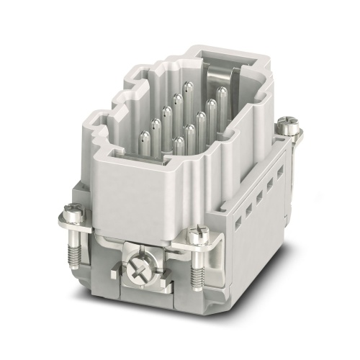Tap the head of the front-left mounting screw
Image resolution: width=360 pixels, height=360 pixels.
click(x=72, y=210)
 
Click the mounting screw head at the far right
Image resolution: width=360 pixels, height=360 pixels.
click(x=292, y=127)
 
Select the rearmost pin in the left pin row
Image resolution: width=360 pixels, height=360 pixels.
click(x=187, y=86)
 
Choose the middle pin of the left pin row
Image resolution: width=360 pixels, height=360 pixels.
click(x=166, y=110)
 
